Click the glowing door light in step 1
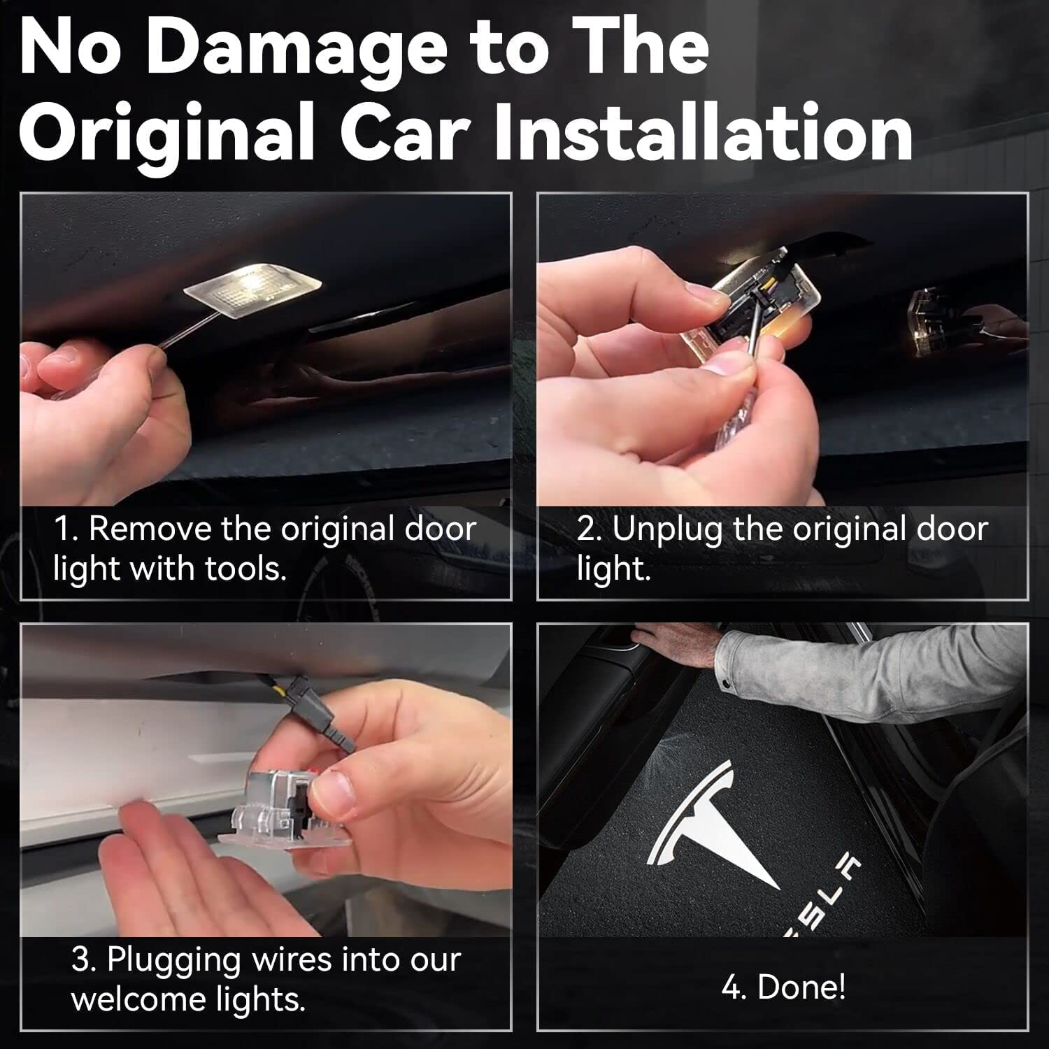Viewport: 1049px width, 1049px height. point(253,286)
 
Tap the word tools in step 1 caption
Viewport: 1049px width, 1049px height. point(245,569)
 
